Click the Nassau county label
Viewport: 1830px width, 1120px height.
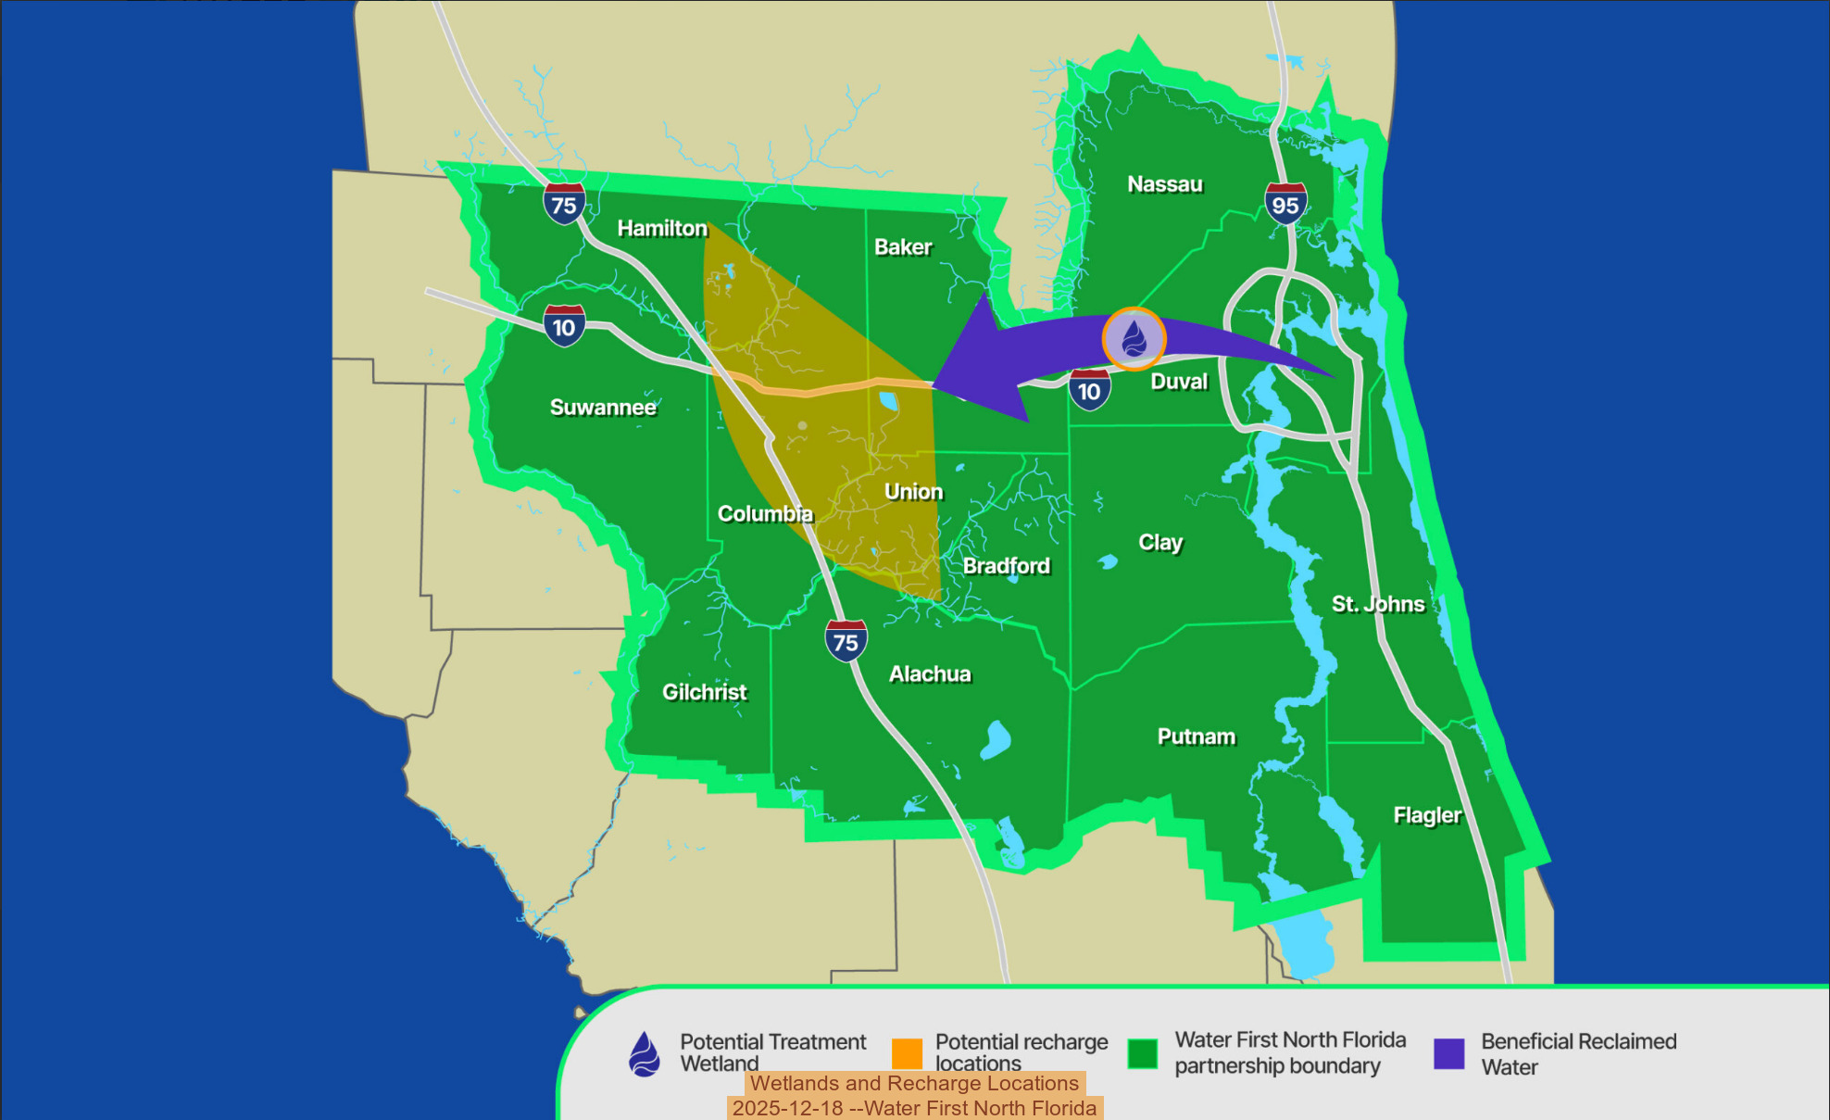pyautogui.click(x=1164, y=184)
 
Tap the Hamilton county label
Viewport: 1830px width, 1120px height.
pyautogui.click(x=662, y=228)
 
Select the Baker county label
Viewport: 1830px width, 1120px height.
pyautogui.click(x=903, y=247)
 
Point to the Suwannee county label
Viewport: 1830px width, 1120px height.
pyautogui.click(x=603, y=408)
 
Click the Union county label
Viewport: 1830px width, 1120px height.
pyautogui.click(x=913, y=492)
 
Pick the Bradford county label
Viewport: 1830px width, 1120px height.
pyautogui.click(x=1007, y=566)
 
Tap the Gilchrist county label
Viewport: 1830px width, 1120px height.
pyautogui.click(x=704, y=692)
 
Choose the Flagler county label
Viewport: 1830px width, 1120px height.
pyautogui.click(x=1427, y=815)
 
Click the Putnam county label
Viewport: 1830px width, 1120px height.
pyautogui.click(x=1196, y=736)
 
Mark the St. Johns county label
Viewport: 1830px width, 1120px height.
pyautogui.click(x=1378, y=604)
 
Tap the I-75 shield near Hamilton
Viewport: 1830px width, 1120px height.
pyautogui.click(x=564, y=204)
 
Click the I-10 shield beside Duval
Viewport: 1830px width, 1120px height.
pyautogui.click(x=1089, y=390)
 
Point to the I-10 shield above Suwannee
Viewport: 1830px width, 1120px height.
pyautogui.click(x=564, y=326)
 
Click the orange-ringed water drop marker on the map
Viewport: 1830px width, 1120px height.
pyautogui.click(x=1134, y=339)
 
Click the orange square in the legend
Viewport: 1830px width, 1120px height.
pyautogui.click(x=907, y=1053)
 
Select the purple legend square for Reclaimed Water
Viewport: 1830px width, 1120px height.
pyautogui.click(x=1448, y=1053)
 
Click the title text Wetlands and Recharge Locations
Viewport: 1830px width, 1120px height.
pyautogui.click(x=914, y=1083)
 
